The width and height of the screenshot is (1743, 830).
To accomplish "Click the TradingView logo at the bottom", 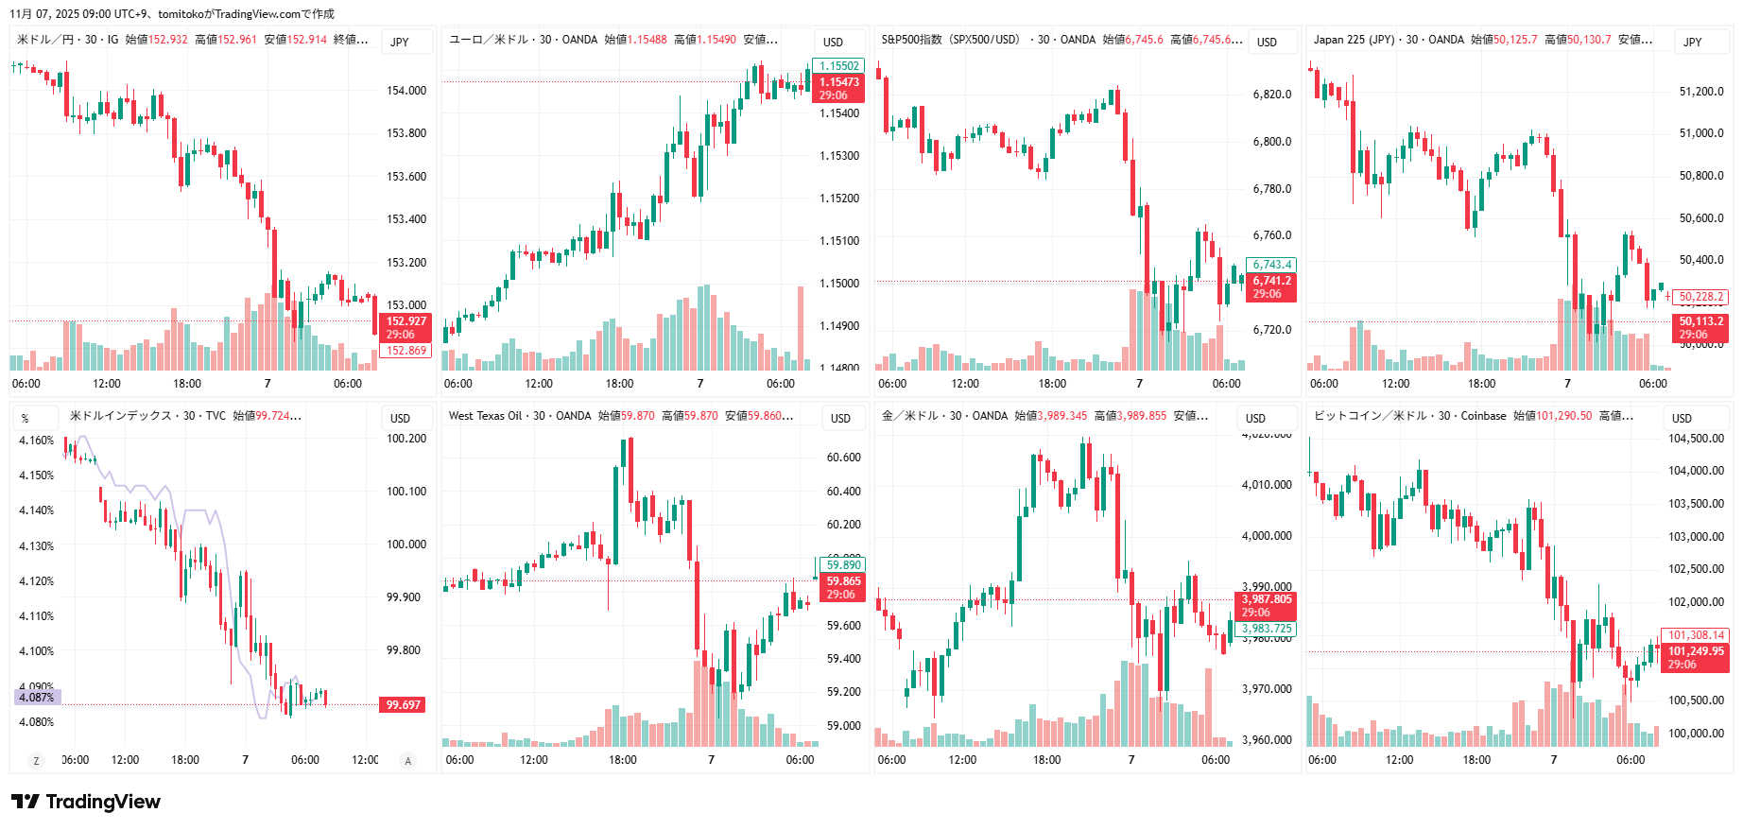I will [x=86, y=802].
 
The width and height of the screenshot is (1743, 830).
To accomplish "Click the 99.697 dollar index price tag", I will [x=404, y=704].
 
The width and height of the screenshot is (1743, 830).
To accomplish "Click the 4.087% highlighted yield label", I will [x=37, y=697].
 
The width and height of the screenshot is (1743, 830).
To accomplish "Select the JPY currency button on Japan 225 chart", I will [x=1692, y=42].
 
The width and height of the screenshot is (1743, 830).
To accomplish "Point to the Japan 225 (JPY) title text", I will [x=1354, y=40].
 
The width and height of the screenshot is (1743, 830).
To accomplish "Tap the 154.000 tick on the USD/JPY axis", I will [x=406, y=91].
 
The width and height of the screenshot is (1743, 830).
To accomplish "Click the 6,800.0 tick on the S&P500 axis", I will [x=1272, y=142].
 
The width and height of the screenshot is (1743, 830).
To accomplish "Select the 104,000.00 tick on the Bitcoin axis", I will [x=1696, y=471].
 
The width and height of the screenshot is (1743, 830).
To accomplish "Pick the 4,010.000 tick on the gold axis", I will [x=1267, y=485].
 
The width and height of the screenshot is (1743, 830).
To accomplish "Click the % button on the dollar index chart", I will [x=26, y=418].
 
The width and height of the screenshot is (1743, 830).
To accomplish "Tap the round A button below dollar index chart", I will [x=408, y=760].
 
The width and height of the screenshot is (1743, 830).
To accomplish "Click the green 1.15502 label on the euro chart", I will [x=839, y=66].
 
